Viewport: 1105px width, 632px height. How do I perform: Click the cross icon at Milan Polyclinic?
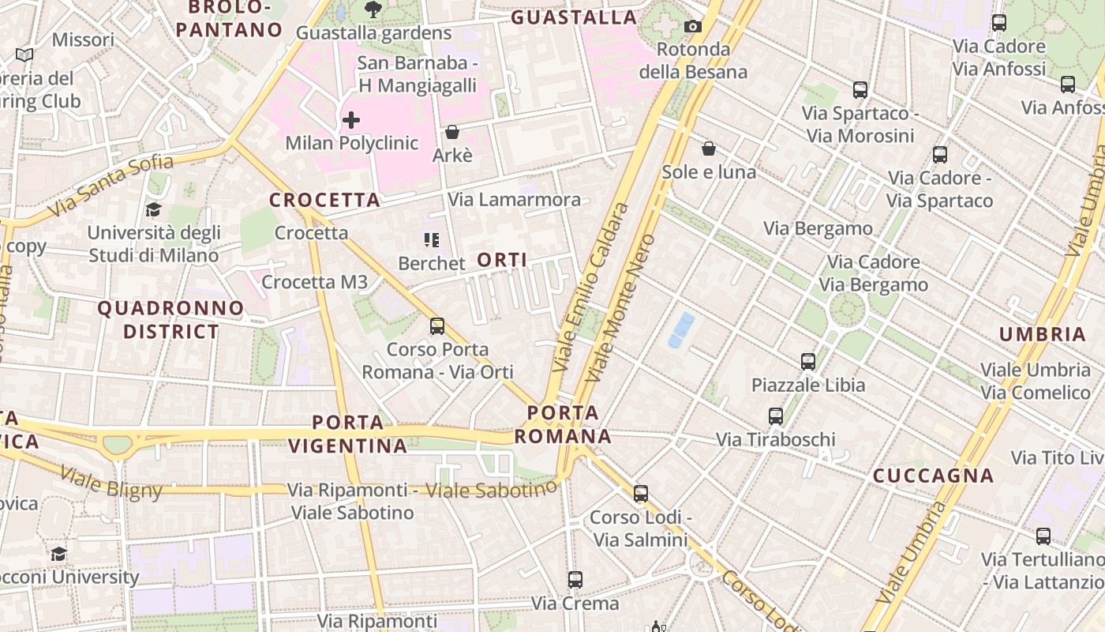[x=351, y=120]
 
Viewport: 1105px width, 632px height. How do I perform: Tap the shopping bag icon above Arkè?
[x=452, y=132]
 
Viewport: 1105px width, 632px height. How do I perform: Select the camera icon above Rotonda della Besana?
[x=693, y=26]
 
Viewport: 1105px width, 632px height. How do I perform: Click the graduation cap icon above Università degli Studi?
[x=153, y=209]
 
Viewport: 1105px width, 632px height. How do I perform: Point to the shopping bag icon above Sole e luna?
[x=709, y=149]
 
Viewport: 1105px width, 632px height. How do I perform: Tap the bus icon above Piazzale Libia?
[x=808, y=362]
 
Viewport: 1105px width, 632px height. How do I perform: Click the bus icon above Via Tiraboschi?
[x=776, y=416]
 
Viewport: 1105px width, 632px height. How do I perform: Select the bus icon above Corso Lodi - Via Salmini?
[x=641, y=494]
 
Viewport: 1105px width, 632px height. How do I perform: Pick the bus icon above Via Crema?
[x=575, y=580]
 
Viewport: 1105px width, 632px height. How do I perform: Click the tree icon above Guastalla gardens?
[x=373, y=9]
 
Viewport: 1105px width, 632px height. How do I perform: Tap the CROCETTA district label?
[x=324, y=200]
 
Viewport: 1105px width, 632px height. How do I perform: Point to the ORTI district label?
[x=502, y=260]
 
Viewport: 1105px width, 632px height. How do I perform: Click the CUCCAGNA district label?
[x=932, y=476]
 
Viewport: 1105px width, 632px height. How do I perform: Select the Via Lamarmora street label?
[x=514, y=200]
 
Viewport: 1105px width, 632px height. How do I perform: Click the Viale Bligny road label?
[x=110, y=483]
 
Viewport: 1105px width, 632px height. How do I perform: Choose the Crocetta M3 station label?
[x=314, y=282]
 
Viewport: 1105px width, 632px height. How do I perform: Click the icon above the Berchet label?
[x=432, y=239]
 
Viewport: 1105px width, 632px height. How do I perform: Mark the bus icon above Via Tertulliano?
[x=1043, y=536]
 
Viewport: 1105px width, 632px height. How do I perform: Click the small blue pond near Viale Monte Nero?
[x=681, y=329]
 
